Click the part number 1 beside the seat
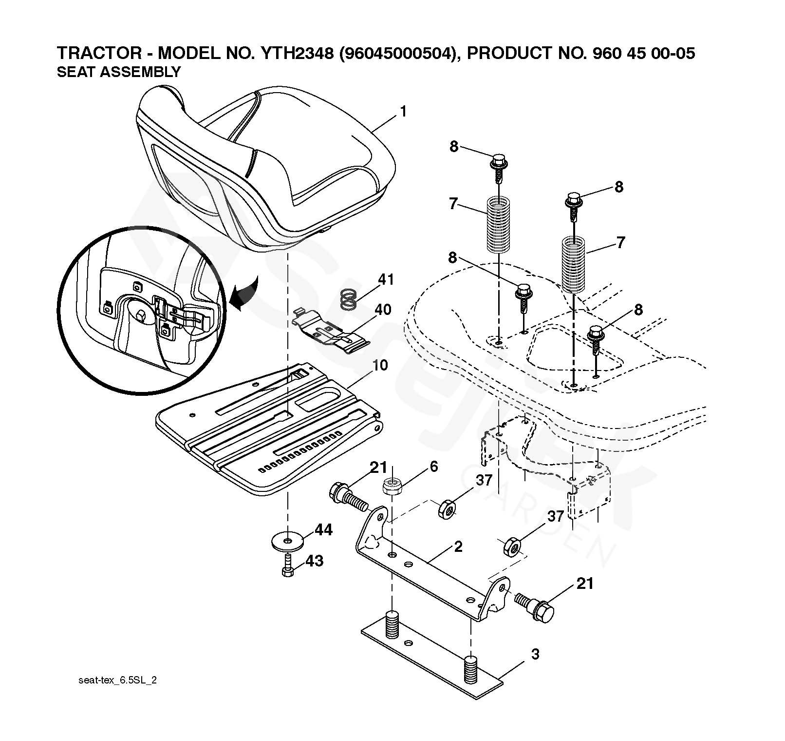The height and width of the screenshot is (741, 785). click(403, 112)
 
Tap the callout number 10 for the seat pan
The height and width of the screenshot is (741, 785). click(380, 365)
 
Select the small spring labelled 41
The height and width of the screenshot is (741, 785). click(347, 299)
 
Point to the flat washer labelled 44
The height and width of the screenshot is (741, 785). click(287, 541)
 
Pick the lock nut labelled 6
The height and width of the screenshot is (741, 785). click(391, 487)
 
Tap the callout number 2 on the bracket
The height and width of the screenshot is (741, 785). click(458, 546)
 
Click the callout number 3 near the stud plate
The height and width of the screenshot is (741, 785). click(535, 654)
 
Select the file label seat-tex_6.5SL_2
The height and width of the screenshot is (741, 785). click(117, 681)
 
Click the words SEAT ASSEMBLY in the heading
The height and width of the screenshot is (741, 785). click(119, 72)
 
